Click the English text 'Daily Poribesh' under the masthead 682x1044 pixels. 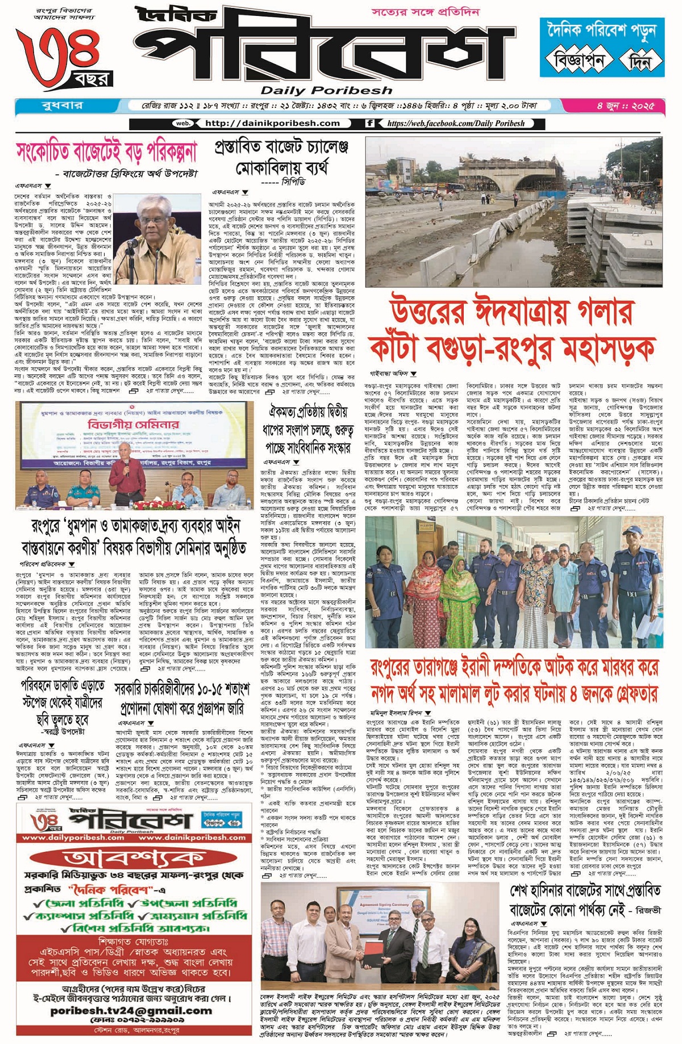(326, 90)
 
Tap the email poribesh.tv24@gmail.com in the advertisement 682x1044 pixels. (131, 1011)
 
